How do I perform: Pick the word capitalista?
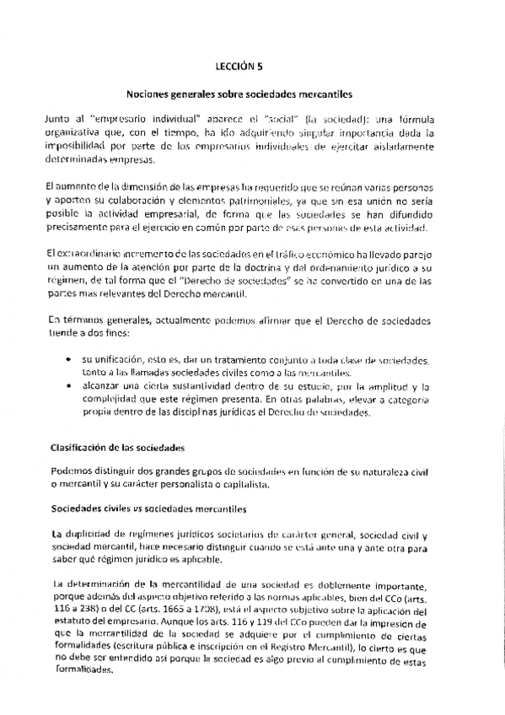coord(244,484)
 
